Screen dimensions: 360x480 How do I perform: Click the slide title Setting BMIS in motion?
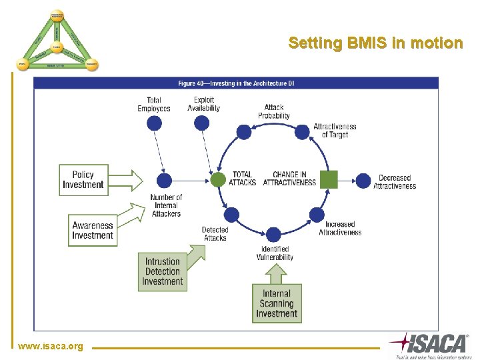coord(375,43)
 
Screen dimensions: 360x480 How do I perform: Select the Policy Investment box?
coord(83,180)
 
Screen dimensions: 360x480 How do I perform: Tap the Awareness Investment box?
coord(93,231)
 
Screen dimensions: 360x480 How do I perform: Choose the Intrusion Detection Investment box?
coord(163,272)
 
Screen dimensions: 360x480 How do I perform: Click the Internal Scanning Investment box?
coord(276,303)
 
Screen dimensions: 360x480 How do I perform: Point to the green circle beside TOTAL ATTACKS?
coord(218,180)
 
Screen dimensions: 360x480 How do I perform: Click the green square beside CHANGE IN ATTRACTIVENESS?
coord(329,180)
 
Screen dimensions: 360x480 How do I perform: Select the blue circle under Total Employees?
coord(154,123)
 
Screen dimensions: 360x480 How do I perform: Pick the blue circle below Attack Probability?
coord(245,132)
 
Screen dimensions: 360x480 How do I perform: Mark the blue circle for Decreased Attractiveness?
coord(363,180)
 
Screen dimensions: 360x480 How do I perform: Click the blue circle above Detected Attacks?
coord(231,215)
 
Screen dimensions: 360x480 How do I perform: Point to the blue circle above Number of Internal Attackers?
coord(164,181)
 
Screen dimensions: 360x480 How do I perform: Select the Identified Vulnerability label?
coord(275,253)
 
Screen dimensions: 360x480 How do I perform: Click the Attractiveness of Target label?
coord(335,131)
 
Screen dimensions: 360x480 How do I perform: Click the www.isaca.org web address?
coord(51,346)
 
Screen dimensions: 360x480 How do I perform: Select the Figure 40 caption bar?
coord(236,83)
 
